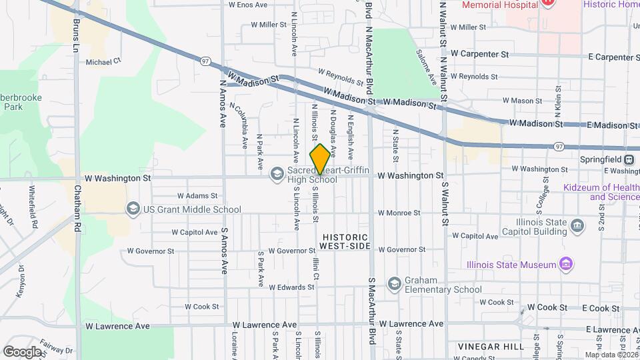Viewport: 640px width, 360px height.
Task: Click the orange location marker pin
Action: click(x=320, y=159)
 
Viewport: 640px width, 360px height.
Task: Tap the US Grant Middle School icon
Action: click(x=133, y=209)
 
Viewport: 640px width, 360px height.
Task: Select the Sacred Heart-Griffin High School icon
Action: click(x=277, y=174)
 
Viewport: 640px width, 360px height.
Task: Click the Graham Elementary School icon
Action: click(x=394, y=284)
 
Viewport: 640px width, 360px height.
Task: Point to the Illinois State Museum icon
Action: click(x=566, y=264)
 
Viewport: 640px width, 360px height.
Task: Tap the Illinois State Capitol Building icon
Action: click(x=577, y=227)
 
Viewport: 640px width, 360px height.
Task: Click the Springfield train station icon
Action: click(x=629, y=159)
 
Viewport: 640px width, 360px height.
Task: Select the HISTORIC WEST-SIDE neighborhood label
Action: click(x=345, y=241)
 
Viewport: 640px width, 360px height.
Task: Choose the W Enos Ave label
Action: click(x=248, y=5)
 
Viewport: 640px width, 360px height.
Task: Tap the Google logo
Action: click(x=22, y=351)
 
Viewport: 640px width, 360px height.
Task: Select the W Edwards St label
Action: click(x=291, y=287)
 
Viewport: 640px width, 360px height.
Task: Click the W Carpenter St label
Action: click(x=479, y=53)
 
